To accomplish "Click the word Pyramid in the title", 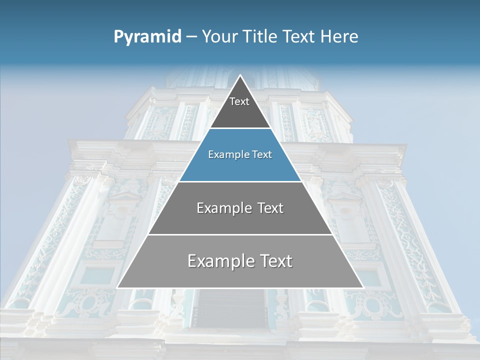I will [147, 37].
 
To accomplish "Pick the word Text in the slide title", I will [299, 37].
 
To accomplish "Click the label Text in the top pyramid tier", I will [239, 101].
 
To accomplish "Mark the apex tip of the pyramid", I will [240, 75].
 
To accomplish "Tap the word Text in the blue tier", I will [261, 154].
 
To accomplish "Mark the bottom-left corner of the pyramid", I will [117, 287].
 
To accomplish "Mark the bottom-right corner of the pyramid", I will [363, 287].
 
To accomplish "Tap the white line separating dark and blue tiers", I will [240, 128].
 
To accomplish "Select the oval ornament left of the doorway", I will [90, 302].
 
